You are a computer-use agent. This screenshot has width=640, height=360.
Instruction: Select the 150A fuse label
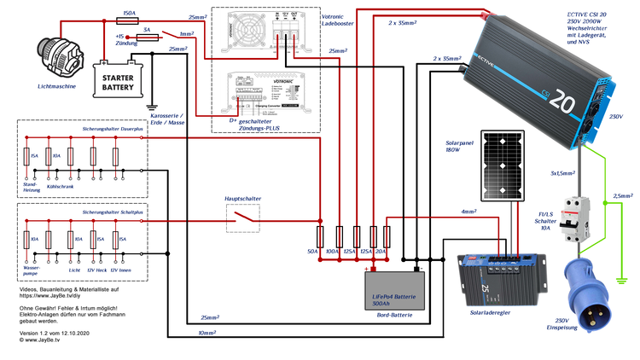pyautogui.click(x=130, y=15)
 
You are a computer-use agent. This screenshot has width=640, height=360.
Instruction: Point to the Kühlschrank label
pyautogui.click(x=60, y=186)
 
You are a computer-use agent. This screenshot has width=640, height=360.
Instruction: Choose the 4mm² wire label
pyautogui.click(x=468, y=211)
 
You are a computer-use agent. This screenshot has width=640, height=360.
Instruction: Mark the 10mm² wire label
pyautogui.click(x=207, y=332)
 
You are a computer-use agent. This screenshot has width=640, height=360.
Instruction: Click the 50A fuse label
pyautogui.click(x=311, y=253)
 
